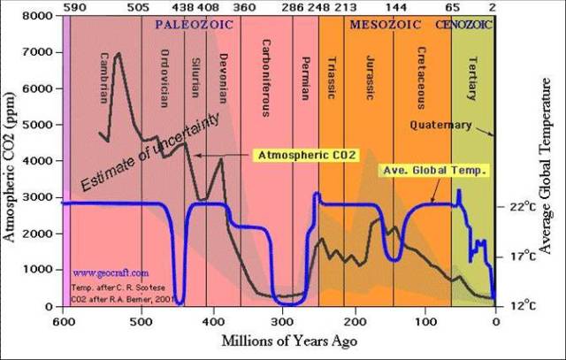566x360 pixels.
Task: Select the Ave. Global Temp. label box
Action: tap(433, 170)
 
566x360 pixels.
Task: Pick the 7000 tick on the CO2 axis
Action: tap(44, 53)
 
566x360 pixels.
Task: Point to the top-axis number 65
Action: tap(453, 7)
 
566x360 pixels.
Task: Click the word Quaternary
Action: tap(440, 125)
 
